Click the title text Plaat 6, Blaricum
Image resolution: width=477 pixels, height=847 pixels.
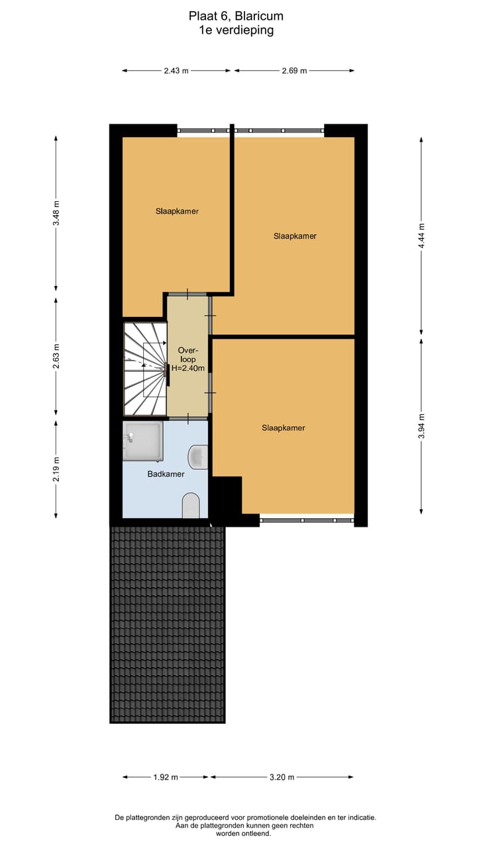point(236,17)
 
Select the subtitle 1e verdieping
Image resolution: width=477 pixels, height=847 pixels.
point(236,30)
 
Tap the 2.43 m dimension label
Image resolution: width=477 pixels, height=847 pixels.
point(176,71)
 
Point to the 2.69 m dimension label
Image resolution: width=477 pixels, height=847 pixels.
point(294,71)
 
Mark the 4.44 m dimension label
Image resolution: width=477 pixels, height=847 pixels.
point(421,236)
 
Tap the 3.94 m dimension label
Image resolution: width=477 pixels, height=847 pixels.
point(421,425)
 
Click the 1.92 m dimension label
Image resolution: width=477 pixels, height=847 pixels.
point(166,778)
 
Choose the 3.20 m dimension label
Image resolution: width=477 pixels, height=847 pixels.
point(282,778)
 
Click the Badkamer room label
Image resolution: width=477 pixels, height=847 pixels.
point(166,474)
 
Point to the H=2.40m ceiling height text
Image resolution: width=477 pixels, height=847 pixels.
point(187,368)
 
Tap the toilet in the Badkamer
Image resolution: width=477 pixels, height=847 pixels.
point(191,506)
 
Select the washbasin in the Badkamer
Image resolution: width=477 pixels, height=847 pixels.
point(199,456)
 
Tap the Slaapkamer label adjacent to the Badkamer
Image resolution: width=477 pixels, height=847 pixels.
point(283,427)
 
